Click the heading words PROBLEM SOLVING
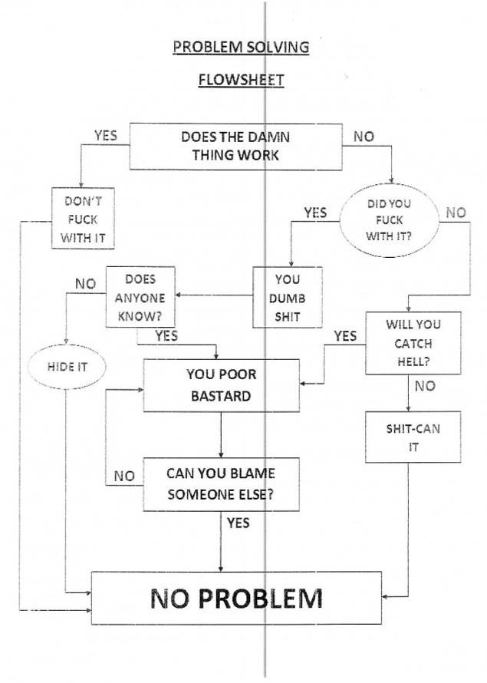tap(241, 47)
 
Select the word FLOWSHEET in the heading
tap(241, 78)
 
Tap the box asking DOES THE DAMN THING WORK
tap(235, 146)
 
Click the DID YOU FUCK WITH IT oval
tap(389, 220)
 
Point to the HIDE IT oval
tap(67, 366)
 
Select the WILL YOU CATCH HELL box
tap(413, 342)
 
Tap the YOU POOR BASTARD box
tap(221, 385)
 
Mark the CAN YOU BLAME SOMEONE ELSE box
tap(221, 483)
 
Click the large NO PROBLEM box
tap(236, 597)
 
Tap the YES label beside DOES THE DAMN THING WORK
tap(106, 135)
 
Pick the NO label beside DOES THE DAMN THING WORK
tap(364, 136)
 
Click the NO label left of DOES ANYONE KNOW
tap(86, 284)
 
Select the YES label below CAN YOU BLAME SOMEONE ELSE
tap(238, 523)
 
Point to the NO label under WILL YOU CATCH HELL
tap(424, 386)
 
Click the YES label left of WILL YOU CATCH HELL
tap(345, 335)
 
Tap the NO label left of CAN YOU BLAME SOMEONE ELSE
tap(124, 476)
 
